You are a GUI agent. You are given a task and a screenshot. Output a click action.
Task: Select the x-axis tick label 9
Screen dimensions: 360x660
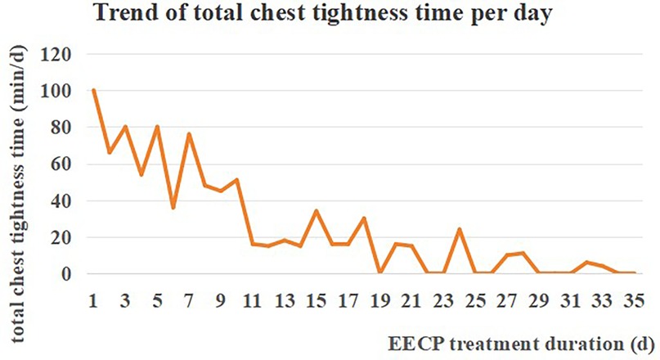221,300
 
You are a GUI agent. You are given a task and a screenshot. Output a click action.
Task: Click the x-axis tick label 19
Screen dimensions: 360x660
379,300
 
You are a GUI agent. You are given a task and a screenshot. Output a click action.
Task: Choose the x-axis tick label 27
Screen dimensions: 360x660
506,300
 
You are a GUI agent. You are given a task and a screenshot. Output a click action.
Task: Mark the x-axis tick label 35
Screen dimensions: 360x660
633,300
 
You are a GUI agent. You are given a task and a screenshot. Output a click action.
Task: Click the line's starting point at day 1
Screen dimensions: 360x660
94,90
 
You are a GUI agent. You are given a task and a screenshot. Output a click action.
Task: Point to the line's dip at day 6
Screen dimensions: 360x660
173,208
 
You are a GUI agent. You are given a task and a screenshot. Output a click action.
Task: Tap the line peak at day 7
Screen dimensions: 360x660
189,134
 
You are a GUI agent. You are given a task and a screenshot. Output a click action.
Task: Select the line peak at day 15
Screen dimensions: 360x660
316,210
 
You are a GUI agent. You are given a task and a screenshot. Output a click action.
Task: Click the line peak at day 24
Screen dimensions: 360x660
459,229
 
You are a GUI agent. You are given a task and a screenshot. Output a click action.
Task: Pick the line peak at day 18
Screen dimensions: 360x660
364,218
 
